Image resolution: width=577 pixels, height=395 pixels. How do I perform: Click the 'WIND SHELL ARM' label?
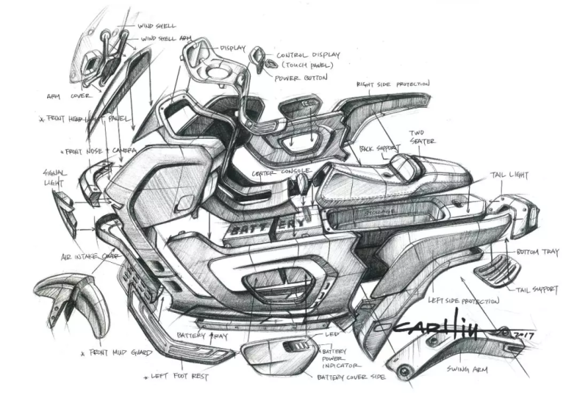[171, 38]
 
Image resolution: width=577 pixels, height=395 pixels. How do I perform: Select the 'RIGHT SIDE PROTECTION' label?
[393, 84]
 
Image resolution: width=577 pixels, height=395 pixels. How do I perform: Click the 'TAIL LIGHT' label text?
[512, 176]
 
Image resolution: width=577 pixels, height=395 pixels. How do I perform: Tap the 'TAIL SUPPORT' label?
[536, 289]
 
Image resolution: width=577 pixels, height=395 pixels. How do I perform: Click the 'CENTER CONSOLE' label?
[279, 173]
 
